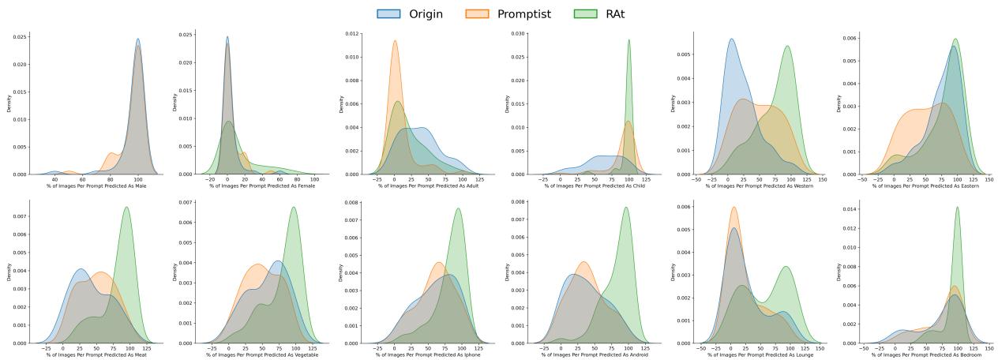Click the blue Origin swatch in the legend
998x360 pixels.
click(388, 13)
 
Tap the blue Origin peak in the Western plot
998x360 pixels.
click(731, 39)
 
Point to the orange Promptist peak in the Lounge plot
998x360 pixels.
click(733, 208)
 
